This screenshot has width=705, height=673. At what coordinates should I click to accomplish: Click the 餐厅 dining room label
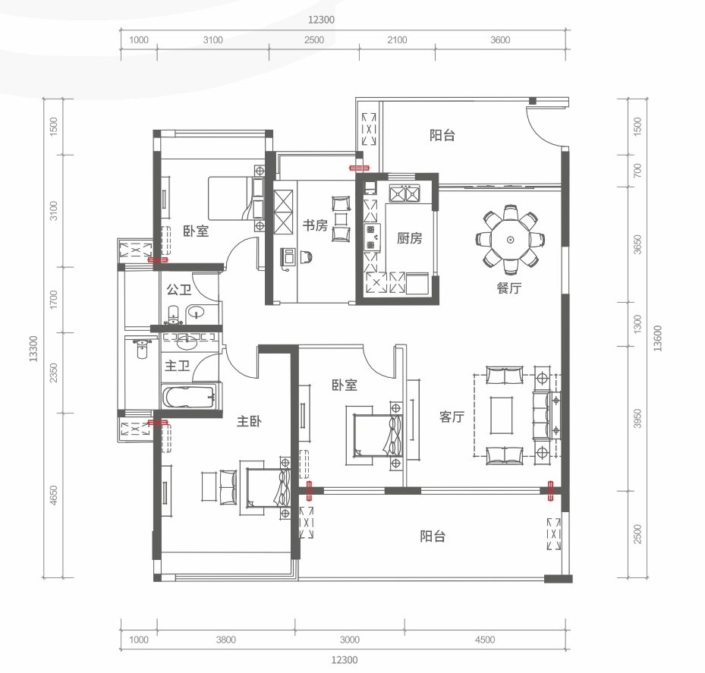coord(509,288)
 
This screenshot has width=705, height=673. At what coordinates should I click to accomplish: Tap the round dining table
coord(510,240)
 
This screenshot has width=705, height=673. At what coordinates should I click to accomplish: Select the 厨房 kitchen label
coord(409,237)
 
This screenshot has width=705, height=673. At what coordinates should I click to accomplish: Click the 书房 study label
coord(315,225)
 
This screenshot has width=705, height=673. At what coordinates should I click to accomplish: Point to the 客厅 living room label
coord(452,417)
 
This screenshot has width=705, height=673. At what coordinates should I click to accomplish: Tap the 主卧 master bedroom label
coord(249,421)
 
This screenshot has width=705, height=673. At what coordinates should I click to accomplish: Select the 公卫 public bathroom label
coord(179,290)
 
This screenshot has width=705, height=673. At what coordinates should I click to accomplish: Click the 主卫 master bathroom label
coord(177,366)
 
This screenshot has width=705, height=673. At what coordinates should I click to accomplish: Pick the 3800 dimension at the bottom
coord(225,640)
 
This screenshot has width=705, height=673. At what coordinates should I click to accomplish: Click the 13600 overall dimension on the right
coord(658,338)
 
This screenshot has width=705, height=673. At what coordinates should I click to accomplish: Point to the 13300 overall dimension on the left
coord(33,348)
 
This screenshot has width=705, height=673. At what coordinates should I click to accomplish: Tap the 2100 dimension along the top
coord(397,40)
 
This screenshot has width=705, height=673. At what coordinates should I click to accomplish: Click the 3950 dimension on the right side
coord(637,418)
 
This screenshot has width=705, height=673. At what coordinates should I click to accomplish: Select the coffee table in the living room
coord(502,415)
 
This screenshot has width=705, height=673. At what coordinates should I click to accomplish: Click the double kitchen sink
coord(404,193)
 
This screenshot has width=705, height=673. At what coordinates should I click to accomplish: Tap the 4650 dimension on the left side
coord(54,495)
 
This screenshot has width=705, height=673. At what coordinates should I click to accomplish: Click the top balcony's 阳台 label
coord(442,135)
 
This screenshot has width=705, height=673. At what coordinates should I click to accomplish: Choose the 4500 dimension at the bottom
coord(485,640)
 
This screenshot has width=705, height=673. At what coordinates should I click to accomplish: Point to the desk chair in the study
coord(306,256)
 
